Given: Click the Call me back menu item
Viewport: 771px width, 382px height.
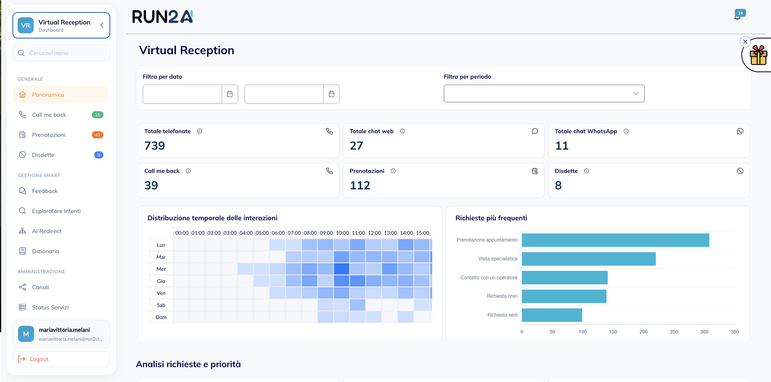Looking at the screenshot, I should [x=49, y=115].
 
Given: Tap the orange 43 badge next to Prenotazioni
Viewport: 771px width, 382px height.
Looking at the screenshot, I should [x=97, y=135].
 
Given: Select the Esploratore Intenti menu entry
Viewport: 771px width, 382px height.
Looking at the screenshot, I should [x=56, y=211].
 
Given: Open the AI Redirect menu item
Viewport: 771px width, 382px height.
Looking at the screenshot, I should [x=47, y=231].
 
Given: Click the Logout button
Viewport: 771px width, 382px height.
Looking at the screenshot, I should [x=61, y=359].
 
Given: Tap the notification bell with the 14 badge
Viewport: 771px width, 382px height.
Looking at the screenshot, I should [x=738, y=16].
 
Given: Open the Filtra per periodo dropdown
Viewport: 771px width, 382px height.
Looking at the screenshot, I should [x=544, y=93].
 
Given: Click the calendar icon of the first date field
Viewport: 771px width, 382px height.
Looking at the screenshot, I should [x=230, y=94].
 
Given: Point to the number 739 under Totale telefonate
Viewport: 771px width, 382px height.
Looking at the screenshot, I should [x=155, y=146].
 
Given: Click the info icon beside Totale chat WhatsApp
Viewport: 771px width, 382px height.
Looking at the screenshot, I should [x=626, y=131].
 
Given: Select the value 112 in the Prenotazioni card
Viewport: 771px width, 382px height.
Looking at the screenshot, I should [x=360, y=185].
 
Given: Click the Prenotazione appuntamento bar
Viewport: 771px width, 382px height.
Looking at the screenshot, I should [x=615, y=240].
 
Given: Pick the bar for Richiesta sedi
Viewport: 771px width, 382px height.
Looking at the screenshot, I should [x=552, y=315].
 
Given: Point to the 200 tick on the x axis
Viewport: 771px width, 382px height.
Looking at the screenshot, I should [x=644, y=332].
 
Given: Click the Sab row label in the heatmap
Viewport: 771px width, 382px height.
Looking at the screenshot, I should [x=161, y=305].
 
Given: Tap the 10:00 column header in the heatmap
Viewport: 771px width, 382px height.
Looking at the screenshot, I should [x=342, y=233].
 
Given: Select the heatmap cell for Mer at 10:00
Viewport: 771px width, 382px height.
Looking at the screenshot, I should [x=342, y=269].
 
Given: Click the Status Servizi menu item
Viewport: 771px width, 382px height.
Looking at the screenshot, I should [x=50, y=307].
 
